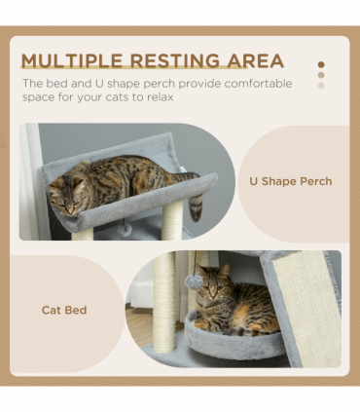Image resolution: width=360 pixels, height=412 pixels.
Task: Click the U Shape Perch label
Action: (290, 181)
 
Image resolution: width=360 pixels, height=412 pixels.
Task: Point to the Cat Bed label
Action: (64, 310)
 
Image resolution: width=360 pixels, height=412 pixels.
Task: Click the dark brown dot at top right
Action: (321, 64)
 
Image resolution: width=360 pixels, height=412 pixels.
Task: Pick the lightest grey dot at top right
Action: (321, 85)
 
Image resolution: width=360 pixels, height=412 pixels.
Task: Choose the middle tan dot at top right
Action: (321, 75)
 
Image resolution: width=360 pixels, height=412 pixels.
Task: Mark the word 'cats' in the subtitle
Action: (161, 98)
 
